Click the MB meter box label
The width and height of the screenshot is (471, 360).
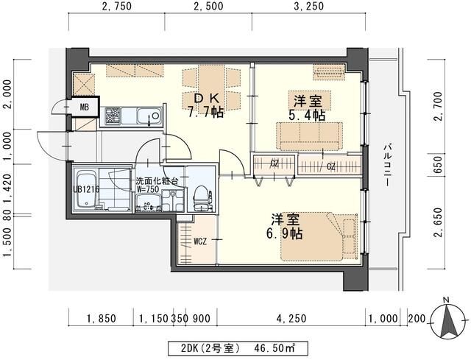click(85, 107)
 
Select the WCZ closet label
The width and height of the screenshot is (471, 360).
click(199, 241)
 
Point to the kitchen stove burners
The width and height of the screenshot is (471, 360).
click(114, 116)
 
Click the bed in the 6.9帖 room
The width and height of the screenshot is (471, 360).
click(322, 236)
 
